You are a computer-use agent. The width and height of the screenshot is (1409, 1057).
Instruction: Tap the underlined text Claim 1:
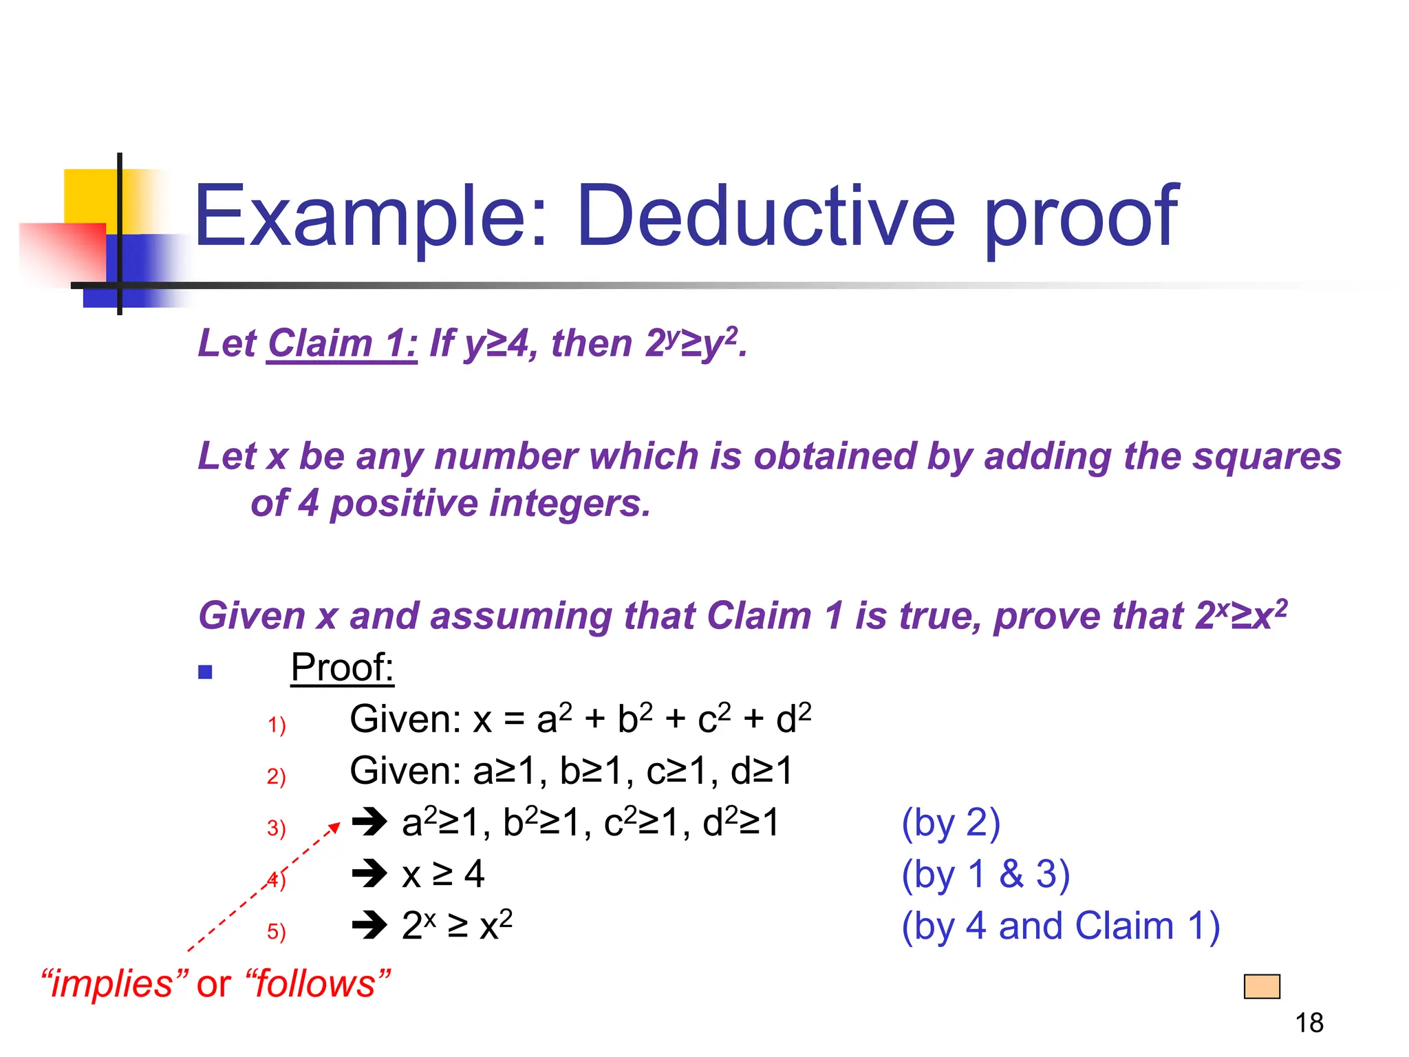[x=342, y=343]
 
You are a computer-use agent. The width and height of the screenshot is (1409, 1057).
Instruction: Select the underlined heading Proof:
[x=342, y=668]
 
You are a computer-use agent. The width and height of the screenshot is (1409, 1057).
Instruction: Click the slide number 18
[x=1309, y=1023]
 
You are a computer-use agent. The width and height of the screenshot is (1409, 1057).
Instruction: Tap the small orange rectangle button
[x=1262, y=986]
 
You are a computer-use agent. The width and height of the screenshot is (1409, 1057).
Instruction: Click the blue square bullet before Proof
[x=205, y=672]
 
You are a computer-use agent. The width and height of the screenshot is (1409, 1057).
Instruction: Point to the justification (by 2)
[x=951, y=823]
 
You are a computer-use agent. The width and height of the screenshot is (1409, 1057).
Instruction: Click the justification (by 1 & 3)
[x=985, y=875]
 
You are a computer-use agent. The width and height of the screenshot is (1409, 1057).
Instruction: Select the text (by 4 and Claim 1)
[x=1060, y=926]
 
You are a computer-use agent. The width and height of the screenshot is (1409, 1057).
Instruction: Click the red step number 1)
[x=277, y=725]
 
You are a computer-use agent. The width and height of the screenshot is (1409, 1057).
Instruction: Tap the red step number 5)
[x=277, y=931]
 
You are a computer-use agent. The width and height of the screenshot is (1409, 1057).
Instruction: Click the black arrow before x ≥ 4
[x=370, y=874]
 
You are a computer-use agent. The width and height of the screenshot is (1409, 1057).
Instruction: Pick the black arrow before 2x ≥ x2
[x=370, y=926]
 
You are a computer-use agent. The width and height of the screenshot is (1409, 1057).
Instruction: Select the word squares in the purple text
[x=1267, y=456]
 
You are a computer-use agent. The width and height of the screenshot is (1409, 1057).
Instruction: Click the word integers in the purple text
[x=561, y=504]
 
